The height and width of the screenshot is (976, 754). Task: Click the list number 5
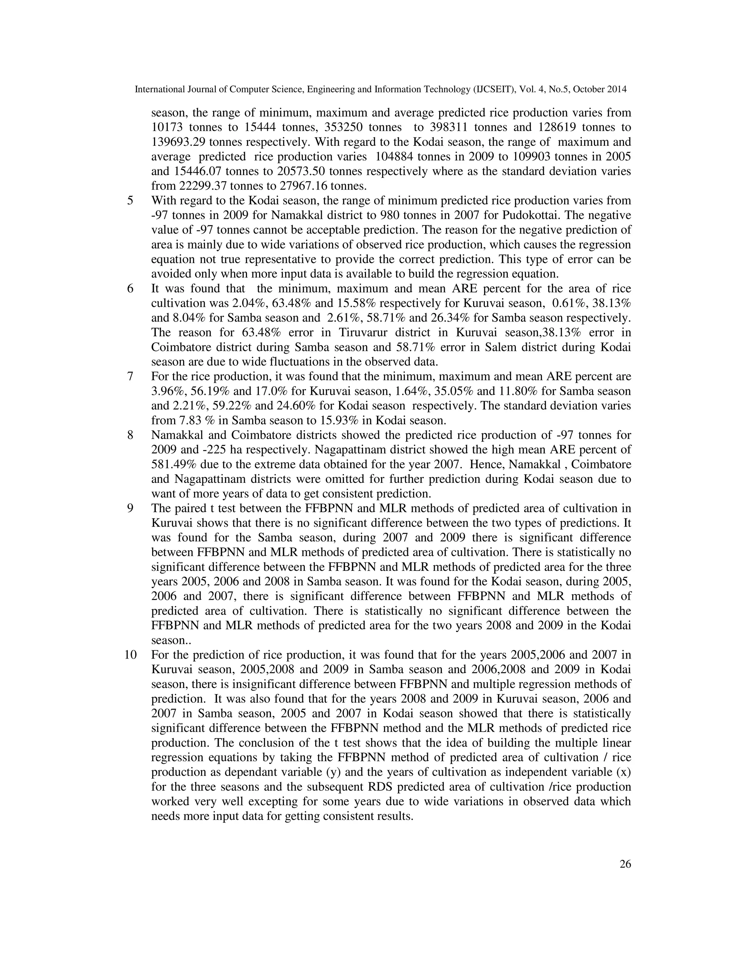(x=130, y=201)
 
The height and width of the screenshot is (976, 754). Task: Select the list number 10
(x=130, y=655)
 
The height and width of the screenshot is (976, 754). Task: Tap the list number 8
(x=130, y=435)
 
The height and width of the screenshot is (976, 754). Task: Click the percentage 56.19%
(x=210, y=392)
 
